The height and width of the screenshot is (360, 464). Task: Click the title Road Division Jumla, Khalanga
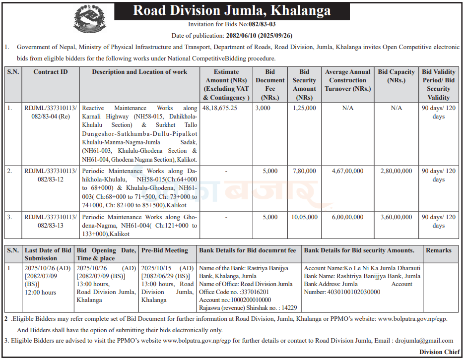(232, 10)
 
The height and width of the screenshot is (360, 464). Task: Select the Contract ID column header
(50, 72)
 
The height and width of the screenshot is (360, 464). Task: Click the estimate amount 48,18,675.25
(220, 108)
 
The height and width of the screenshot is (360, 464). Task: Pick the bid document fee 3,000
(263, 108)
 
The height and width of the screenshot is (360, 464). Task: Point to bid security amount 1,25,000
(304, 108)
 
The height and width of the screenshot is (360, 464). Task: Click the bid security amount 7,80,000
(304, 171)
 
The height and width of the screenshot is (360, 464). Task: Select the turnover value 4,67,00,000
(347, 171)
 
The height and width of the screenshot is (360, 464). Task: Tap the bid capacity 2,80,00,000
(396, 171)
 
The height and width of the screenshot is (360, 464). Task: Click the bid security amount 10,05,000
(304, 217)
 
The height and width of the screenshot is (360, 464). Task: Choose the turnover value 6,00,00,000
(347, 217)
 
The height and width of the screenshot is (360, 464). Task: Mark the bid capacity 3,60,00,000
(396, 217)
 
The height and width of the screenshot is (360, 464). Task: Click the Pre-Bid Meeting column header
(165, 250)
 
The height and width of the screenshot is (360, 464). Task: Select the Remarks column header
(438, 250)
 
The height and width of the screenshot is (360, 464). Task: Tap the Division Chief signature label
(438, 353)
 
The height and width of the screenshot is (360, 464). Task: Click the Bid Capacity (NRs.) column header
(396, 76)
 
